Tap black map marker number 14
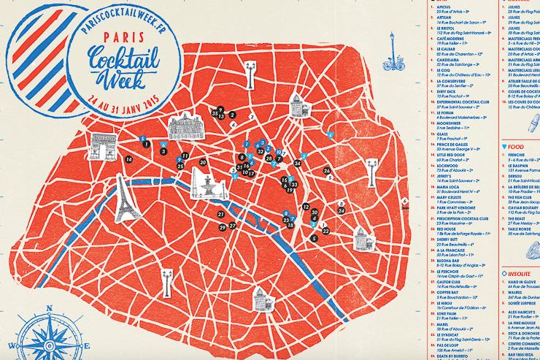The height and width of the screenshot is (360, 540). click(x=128, y=159)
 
